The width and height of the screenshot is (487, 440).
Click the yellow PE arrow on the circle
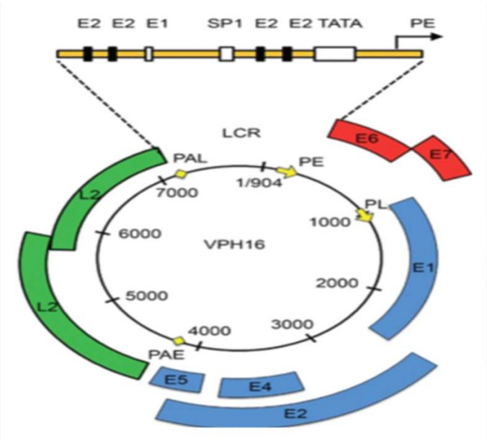287,171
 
